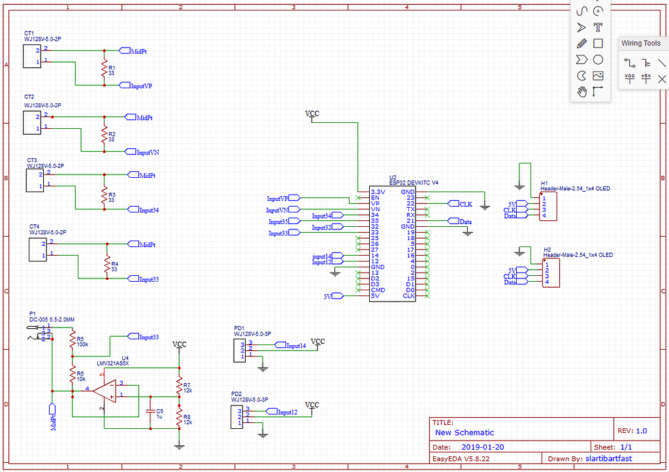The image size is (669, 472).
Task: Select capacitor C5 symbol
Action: point(151,413)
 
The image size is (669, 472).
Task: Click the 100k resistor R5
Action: point(72,340)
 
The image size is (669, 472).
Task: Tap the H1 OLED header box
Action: point(548,207)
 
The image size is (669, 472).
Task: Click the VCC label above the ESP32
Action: point(312,114)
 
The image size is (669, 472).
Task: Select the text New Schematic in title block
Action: point(465,432)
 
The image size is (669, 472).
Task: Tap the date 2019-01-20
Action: point(482,447)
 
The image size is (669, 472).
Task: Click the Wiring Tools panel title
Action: point(640,43)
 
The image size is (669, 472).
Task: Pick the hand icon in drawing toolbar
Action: point(581,92)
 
